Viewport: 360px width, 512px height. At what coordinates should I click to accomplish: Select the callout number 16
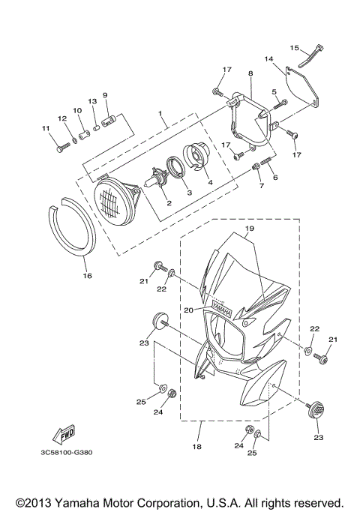coord(86,276)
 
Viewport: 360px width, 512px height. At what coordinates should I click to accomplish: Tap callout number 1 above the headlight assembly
coord(160,115)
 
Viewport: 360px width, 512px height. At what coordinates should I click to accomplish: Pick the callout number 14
coord(268,58)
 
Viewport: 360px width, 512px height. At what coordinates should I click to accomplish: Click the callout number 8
coord(250,74)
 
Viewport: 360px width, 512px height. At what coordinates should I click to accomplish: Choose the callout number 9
coord(105,95)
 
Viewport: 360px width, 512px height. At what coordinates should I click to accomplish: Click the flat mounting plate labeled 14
coord(304,85)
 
